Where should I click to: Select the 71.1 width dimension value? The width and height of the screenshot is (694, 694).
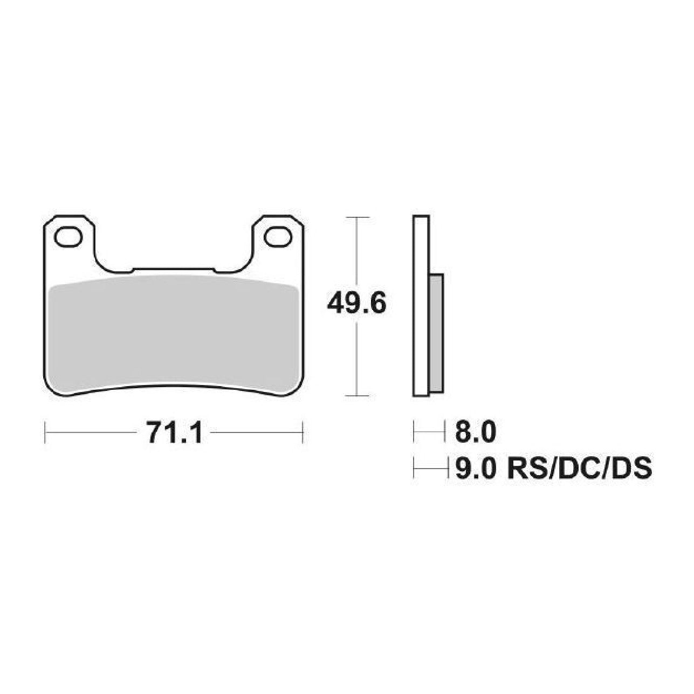175,432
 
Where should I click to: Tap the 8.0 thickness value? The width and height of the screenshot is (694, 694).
476,431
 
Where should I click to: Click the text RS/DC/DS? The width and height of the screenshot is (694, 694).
580,469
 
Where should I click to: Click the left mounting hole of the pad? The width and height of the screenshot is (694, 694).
68,237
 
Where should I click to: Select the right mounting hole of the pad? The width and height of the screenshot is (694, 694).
278,237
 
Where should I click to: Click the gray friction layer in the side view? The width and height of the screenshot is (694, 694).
436,333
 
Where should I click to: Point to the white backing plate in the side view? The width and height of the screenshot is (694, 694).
421,306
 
